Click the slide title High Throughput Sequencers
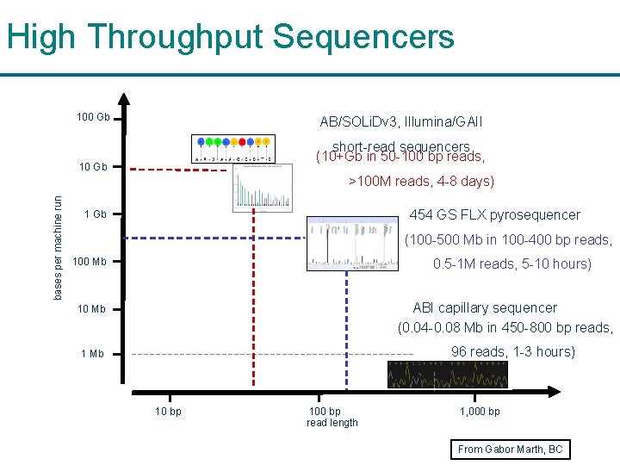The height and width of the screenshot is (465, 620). click(x=230, y=37)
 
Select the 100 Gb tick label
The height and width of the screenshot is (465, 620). click(x=93, y=117)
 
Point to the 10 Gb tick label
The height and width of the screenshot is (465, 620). click(x=93, y=166)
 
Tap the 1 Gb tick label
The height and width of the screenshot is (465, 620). click(x=95, y=214)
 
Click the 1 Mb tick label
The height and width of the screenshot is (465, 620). click(x=91, y=354)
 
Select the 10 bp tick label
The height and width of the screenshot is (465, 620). click(x=168, y=412)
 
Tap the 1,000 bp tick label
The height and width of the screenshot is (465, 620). click(x=480, y=412)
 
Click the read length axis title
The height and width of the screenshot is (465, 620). click(x=332, y=423)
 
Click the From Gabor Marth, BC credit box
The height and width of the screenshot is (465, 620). click(x=510, y=449)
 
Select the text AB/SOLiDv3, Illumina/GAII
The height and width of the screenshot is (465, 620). click(x=401, y=122)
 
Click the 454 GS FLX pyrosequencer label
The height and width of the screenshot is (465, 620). click(x=494, y=214)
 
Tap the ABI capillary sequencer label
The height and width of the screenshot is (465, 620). click(x=485, y=307)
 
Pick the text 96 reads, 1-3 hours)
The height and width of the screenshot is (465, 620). click(x=513, y=351)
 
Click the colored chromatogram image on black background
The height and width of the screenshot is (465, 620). click(x=448, y=375)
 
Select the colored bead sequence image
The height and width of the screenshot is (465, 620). click(x=233, y=149)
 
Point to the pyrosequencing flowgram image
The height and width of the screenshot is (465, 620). click(x=354, y=244)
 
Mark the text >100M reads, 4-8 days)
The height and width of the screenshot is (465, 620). click(x=420, y=181)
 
